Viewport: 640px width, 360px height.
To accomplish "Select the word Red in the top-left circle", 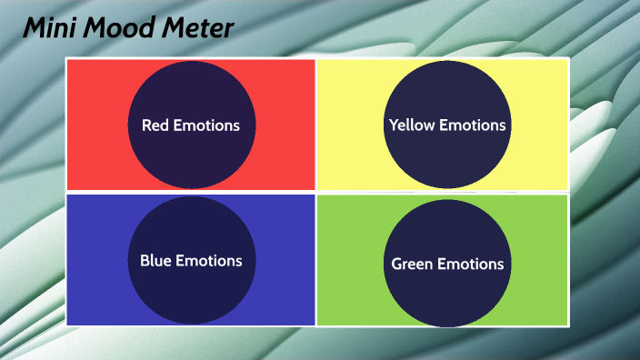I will [x=155, y=125].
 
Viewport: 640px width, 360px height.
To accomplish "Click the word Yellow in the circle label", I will [x=412, y=125].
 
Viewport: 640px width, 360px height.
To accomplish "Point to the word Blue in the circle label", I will [x=155, y=261].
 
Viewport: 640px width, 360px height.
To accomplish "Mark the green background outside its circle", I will [x=536, y=291].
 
